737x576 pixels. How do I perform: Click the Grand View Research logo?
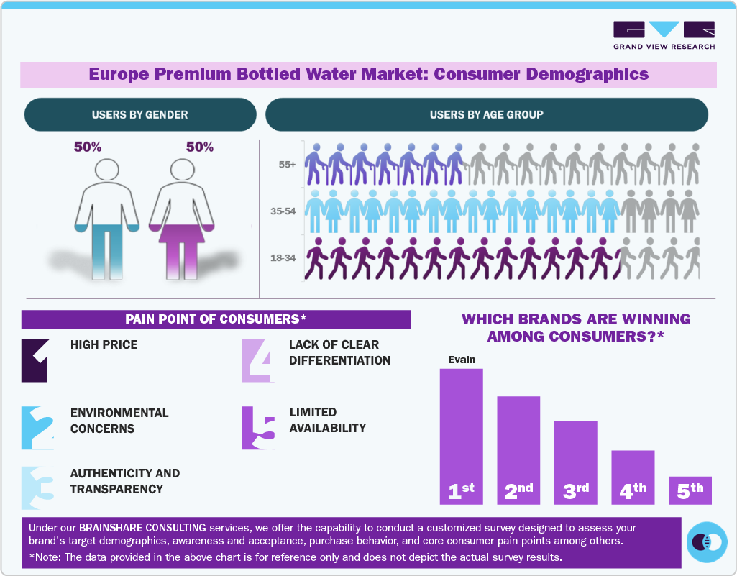(x=664, y=35)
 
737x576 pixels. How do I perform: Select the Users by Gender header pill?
(x=140, y=114)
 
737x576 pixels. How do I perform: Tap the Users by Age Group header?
(x=487, y=114)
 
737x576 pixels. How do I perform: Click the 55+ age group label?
(x=288, y=165)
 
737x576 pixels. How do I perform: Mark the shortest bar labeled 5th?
(x=690, y=490)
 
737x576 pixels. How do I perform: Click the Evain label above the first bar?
(x=462, y=360)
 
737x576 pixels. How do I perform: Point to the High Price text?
(x=104, y=344)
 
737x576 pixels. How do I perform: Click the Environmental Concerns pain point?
(x=119, y=421)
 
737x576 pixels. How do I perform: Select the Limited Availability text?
(x=327, y=420)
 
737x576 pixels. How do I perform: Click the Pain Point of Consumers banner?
(x=216, y=319)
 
